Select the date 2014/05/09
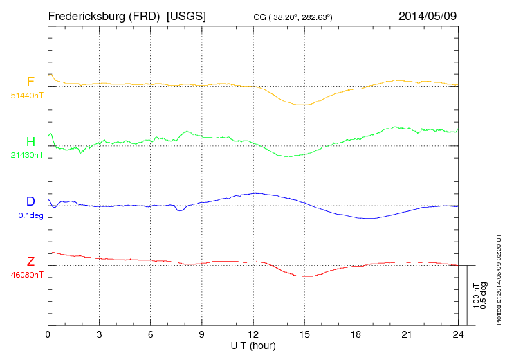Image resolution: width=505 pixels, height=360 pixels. tap(427, 15)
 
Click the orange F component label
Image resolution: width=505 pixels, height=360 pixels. tap(30, 82)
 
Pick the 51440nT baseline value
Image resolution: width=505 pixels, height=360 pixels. tap(27, 95)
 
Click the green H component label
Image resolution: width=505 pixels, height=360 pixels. tap(30, 142)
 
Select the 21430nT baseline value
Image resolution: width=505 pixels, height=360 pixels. tap(27, 155)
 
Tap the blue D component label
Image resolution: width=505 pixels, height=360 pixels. tap(30, 201)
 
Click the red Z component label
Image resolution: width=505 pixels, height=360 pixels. tap(30, 262)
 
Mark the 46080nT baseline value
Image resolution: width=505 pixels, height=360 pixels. tap(27, 275)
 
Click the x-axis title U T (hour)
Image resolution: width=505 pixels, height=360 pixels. tap(254, 345)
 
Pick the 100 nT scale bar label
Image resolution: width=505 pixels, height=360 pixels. tap(476, 294)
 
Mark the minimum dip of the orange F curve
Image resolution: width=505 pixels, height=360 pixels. tap(302, 105)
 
